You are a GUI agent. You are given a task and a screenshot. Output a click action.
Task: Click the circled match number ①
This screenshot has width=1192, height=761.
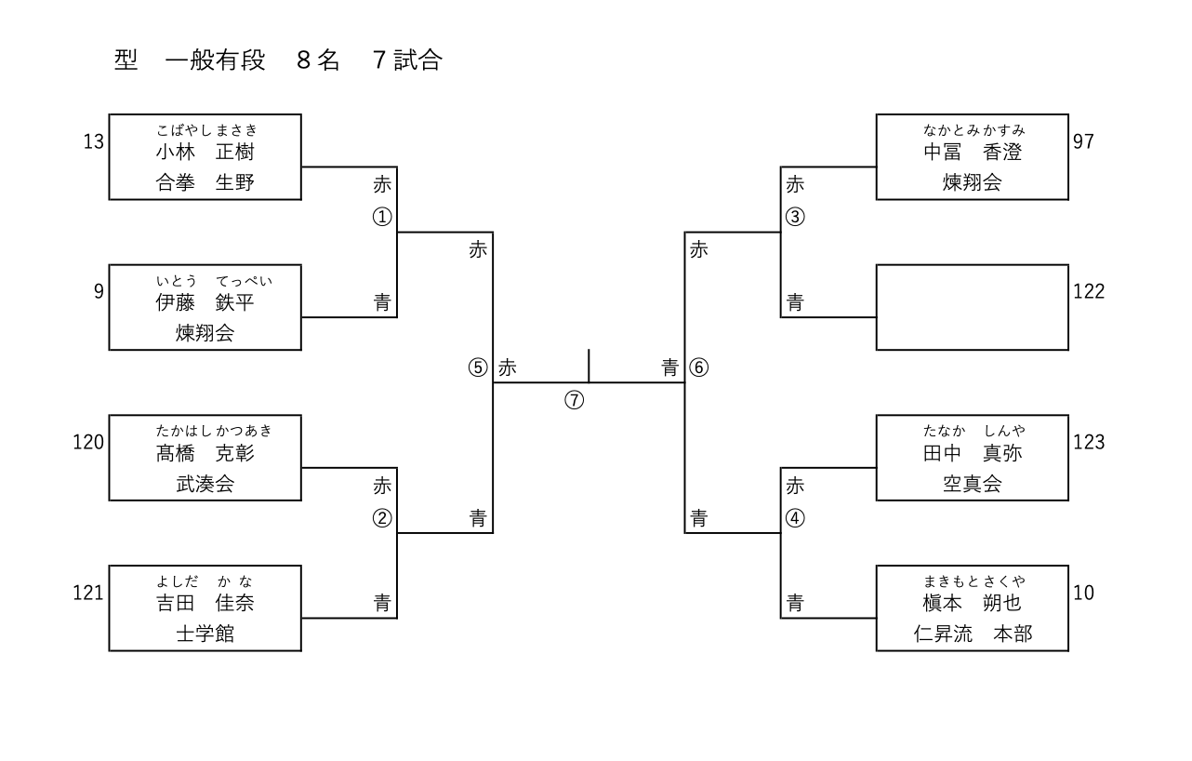click(382, 217)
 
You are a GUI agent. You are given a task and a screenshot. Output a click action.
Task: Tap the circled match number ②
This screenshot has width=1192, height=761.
click(382, 518)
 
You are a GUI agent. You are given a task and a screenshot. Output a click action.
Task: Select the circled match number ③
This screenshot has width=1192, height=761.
click(795, 217)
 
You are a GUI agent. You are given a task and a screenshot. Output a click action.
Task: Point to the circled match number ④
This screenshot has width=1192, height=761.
click(795, 518)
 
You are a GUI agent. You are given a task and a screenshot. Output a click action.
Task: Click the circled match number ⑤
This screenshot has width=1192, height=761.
click(478, 367)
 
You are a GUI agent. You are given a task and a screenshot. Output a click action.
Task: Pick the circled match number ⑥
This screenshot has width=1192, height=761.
click(699, 367)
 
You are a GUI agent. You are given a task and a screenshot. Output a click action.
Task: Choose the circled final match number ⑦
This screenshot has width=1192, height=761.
click(575, 400)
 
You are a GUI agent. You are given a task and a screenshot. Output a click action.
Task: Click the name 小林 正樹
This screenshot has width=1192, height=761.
click(205, 152)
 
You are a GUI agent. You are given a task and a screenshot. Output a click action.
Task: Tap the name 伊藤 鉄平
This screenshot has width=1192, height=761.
click(205, 302)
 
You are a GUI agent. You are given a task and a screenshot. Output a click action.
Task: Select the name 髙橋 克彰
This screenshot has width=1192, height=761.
click(205, 453)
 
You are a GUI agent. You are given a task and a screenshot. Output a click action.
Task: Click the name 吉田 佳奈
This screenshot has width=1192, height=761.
click(205, 604)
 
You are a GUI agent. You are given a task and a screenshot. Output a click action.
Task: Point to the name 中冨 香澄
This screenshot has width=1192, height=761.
click(972, 152)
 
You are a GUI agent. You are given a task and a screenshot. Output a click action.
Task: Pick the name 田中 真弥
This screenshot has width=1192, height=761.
click(972, 453)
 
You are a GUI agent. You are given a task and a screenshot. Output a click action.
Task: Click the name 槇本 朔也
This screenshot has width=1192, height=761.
click(972, 604)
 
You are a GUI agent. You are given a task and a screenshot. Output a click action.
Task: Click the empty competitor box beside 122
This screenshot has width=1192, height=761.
click(972, 307)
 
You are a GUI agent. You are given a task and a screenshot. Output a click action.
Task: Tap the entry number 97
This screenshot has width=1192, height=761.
click(1083, 141)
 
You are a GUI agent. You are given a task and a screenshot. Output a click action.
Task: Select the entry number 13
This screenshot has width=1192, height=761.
click(93, 141)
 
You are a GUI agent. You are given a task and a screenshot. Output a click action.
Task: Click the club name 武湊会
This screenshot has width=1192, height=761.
click(205, 484)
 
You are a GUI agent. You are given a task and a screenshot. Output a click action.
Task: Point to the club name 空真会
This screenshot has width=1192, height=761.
click(972, 484)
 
